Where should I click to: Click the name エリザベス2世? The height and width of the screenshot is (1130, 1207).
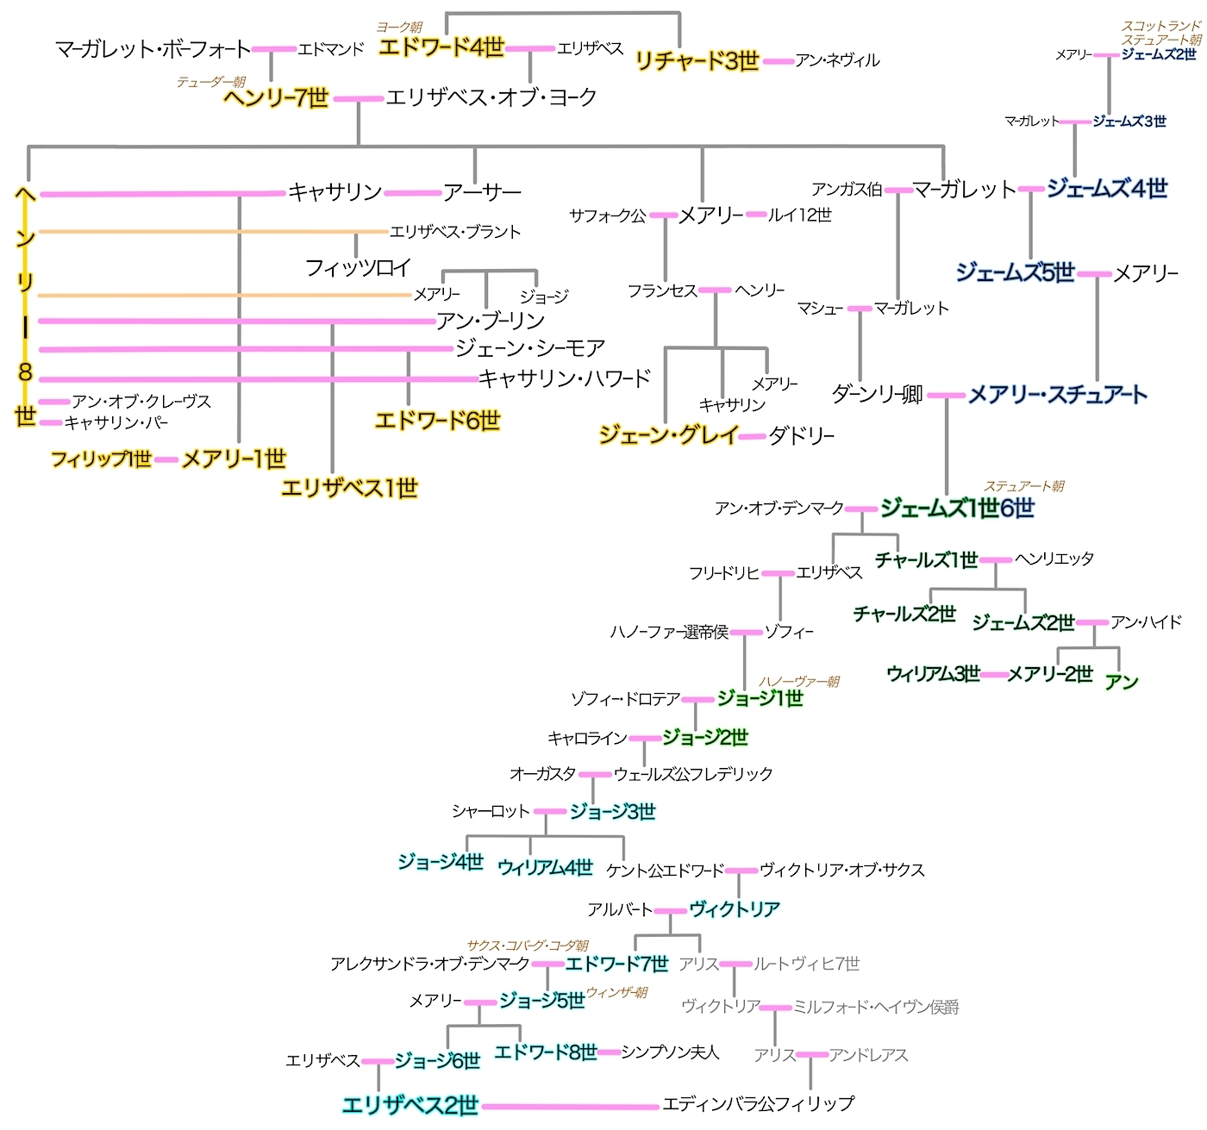(410, 1105)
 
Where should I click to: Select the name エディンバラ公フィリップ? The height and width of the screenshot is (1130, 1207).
(758, 1103)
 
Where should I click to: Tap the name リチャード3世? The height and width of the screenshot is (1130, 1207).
(697, 61)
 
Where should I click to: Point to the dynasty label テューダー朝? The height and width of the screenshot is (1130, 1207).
(211, 82)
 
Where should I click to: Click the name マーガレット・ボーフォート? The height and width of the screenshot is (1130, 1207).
(153, 49)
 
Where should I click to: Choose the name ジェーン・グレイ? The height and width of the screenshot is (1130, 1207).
(669, 435)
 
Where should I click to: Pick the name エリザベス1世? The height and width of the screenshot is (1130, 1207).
(349, 489)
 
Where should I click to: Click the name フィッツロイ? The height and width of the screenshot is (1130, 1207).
(358, 268)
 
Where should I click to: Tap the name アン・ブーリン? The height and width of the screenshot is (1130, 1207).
(490, 321)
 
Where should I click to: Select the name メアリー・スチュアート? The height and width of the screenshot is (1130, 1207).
(1057, 395)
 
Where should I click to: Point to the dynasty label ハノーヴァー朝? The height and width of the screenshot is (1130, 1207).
(798, 682)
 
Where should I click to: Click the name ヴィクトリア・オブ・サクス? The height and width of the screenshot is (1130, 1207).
(842, 870)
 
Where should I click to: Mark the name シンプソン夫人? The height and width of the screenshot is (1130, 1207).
(670, 1052)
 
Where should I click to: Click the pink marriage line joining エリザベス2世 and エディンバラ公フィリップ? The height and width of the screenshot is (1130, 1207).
(569, 1106)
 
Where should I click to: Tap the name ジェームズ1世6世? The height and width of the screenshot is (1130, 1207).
(956, 509)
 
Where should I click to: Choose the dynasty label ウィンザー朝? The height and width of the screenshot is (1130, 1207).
(616, 993)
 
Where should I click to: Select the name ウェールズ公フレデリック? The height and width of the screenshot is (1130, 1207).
(693, 774)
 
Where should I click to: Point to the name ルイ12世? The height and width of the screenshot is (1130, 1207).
(800, 215)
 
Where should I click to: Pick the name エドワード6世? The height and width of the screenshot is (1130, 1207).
(437, 421)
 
